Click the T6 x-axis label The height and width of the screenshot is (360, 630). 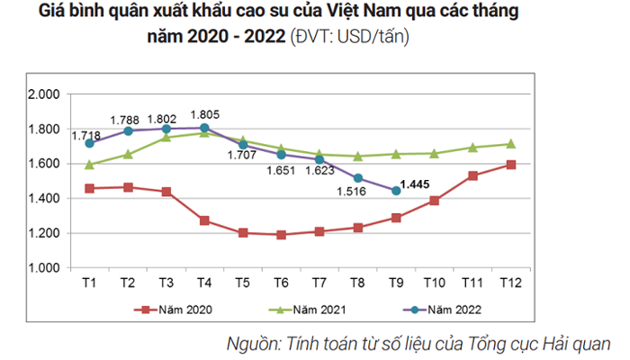(282, 281)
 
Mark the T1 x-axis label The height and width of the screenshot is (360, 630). (89, 281)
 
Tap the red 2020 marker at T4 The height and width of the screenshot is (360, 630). (205, 220)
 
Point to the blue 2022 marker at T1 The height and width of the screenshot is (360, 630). (89, 143)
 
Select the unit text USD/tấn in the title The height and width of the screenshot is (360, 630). (373, 38)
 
